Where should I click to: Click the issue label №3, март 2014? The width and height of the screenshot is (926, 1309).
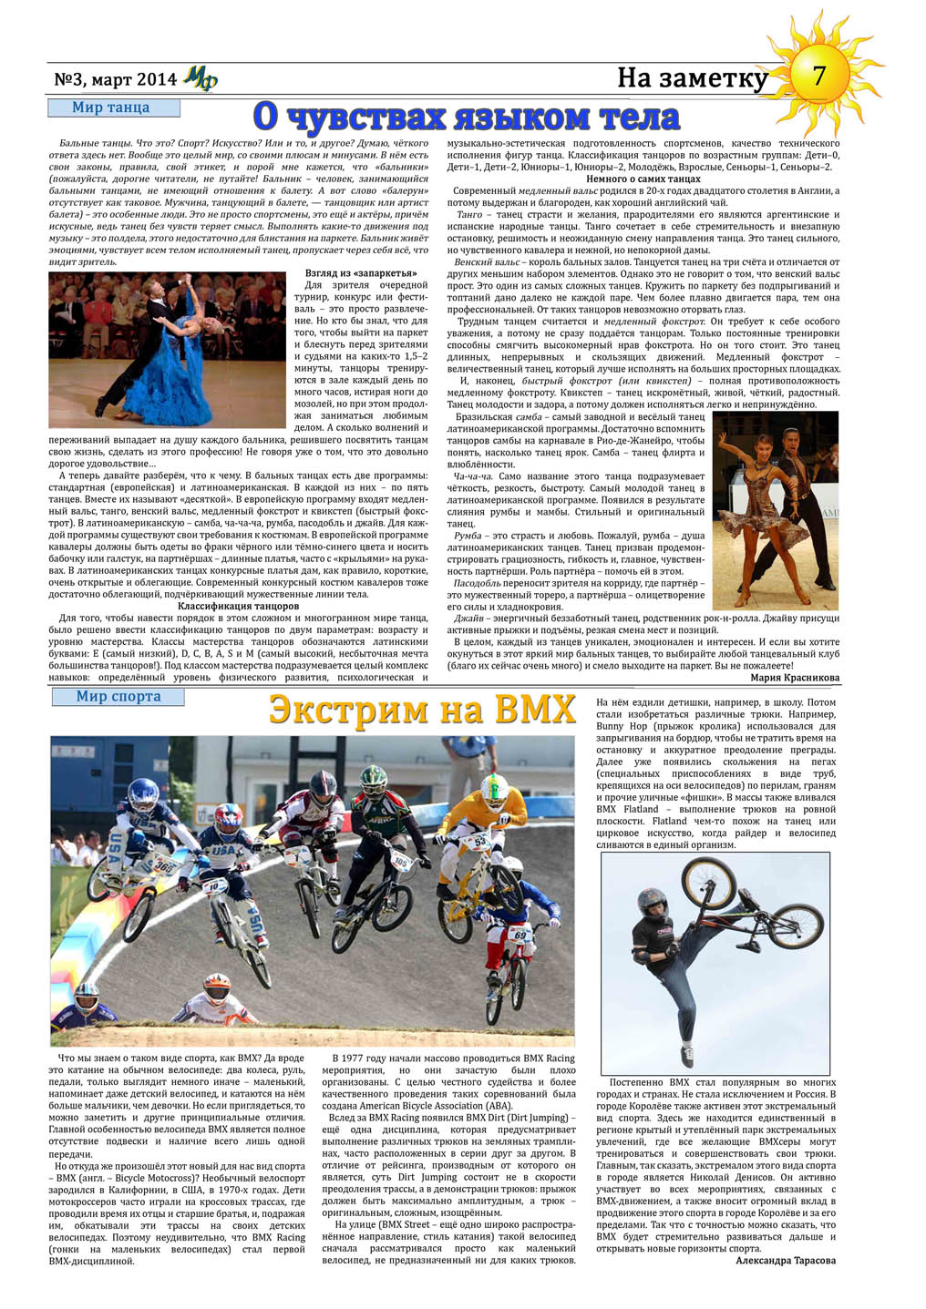pyautogui.click(x=115, y=79)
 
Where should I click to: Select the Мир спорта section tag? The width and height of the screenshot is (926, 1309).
pyautogui.click(x=118, y=697)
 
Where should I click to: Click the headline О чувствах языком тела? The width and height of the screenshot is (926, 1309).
pyautogui.click(x=466, y=117)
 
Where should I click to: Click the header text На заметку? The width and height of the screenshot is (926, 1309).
pyautogui.click(x=692, y=78)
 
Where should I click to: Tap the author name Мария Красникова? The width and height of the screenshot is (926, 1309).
pyautogui.click(x=795, y=678)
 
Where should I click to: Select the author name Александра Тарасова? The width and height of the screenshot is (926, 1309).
pyautogui.click(x=786, y=1261)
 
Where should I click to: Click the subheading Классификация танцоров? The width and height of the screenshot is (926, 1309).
pyautogui.click(x=238, y=606)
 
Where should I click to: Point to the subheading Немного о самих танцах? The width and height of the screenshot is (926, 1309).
pyautogui.click(x=643, y=179)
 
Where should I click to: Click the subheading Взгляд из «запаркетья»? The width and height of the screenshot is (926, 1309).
pyautogui.click(x=361, y=273)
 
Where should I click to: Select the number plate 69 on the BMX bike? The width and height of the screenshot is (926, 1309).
pyautogui.click(x=520, y=934)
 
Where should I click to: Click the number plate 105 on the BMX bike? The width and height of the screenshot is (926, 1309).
pyautogui.click(x=399, y=859)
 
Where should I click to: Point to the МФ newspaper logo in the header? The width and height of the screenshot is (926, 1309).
pyautogui.click(x=200, y=79)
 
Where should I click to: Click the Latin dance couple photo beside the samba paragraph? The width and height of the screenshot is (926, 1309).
pyautogui.click(x=775, y=510)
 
